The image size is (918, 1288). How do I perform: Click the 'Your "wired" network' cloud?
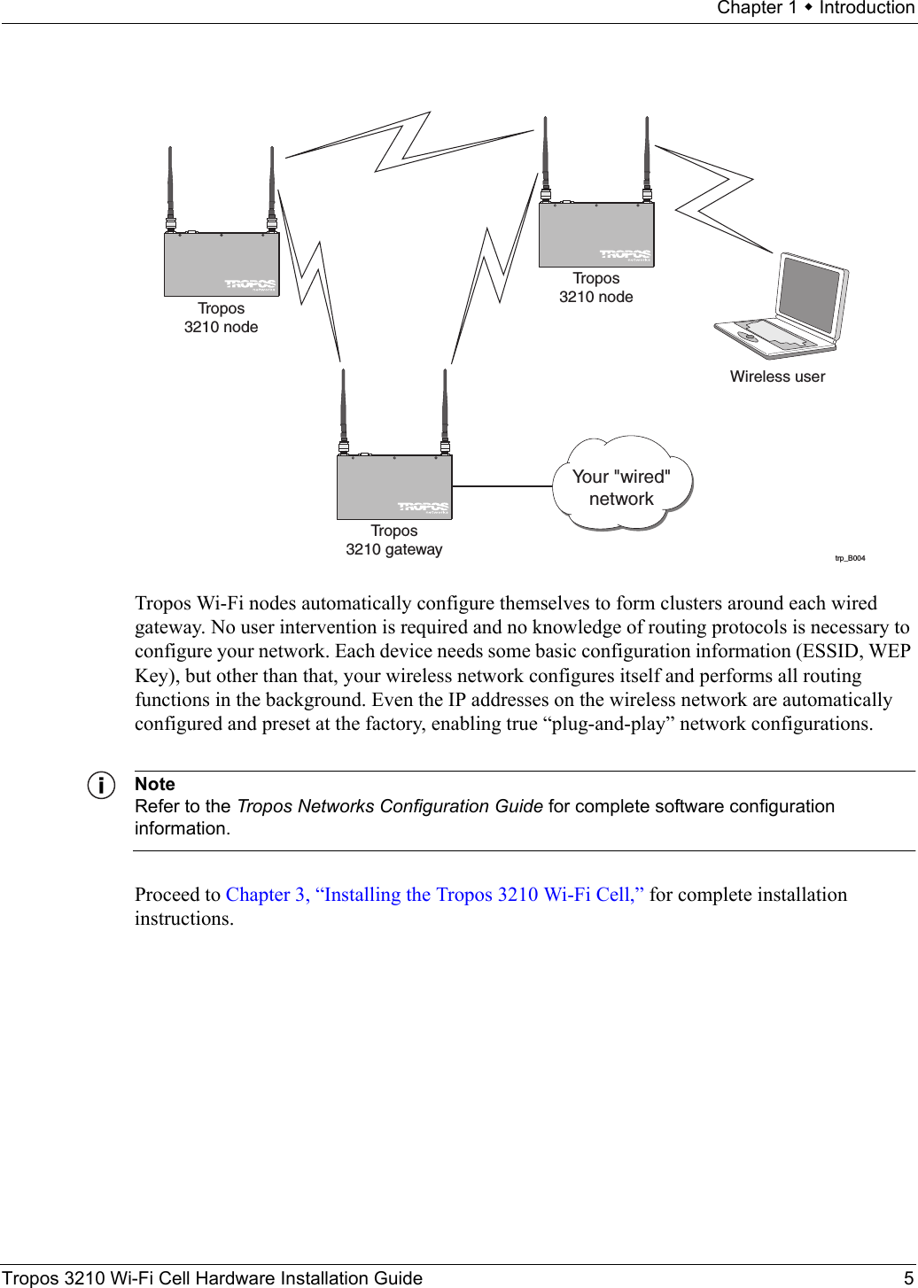(x=621, y=486)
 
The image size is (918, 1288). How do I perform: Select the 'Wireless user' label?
(x=777, y=376)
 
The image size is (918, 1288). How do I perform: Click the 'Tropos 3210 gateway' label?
(x=394, y=540)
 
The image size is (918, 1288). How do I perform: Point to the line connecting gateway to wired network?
(x=502, y=486)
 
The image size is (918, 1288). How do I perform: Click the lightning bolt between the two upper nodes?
(x=408, y=142)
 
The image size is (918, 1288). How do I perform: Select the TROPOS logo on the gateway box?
(x=423, y=507)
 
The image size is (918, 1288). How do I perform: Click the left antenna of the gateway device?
(x=344, y=407)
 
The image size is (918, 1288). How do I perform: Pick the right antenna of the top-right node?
(x=648, y=155)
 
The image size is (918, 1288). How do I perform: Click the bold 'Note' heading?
(x=155, y=784)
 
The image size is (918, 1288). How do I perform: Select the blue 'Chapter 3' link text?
(x=266, y=895)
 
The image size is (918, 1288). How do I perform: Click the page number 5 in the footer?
(x=908, y=1278)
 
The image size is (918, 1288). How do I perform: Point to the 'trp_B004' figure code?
(x=850, y=558)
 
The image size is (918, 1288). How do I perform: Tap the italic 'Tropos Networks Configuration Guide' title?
(x=390, y=806)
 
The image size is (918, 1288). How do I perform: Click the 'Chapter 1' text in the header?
(x=757, y=8)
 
